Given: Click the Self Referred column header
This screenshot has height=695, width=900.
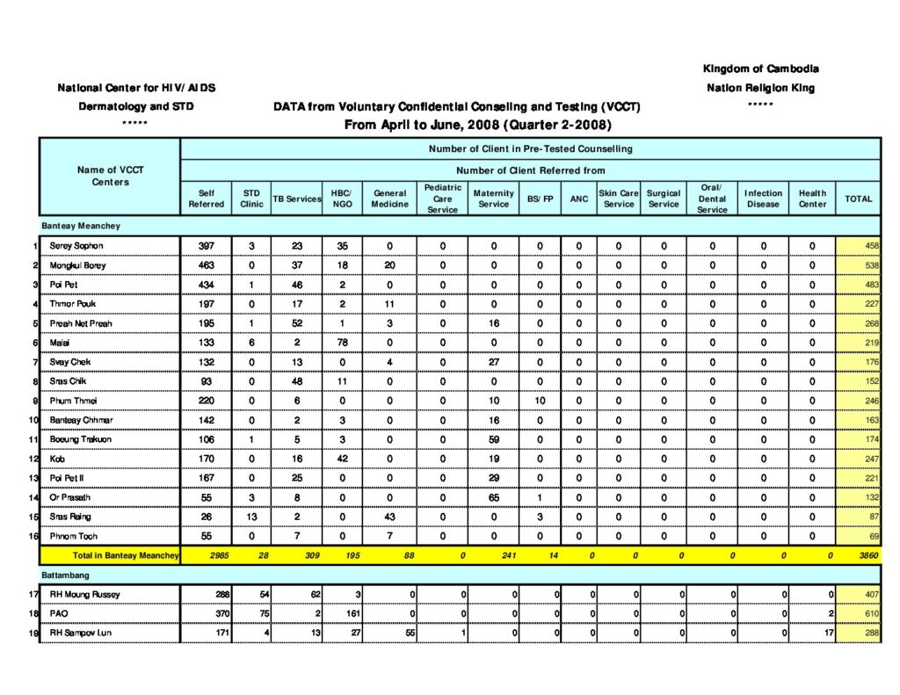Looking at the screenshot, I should pyautogui.click(x=207, y=199).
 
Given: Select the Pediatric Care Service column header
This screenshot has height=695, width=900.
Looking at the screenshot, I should pyautogui.click(x=442, y=199).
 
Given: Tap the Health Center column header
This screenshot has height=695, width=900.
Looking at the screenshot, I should pyautogui.click(x=812, y=199).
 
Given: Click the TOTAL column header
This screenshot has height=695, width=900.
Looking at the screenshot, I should pyautogui.click(x=858, y=199).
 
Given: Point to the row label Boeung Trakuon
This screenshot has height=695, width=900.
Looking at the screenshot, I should pyautogui.click(x=81, y=439).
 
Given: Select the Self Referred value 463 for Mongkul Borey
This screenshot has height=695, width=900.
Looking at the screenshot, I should pyautogui.click(x=207, y=265).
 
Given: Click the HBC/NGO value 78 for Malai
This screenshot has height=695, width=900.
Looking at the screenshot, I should pyautogui.click(x=341, y=343).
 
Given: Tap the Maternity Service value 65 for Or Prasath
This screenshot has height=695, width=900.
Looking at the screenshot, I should pyautogui.click(x=493, y=497).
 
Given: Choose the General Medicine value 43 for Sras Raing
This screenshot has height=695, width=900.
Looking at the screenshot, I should pyautogui.click(x=389, y=517).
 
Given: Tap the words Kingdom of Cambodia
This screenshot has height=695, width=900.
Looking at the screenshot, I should pyautogui.click(x=760, y=69).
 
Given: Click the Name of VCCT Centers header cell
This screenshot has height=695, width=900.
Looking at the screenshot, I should pyautogui.click(x=110, y=176).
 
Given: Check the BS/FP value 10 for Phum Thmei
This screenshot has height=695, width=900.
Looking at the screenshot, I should pyautogui.click(x=540, y=401).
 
